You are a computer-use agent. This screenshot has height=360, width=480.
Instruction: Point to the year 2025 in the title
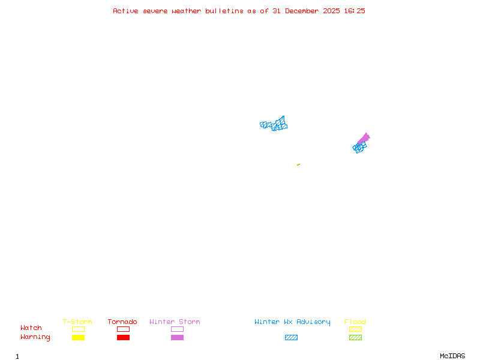(331, 11)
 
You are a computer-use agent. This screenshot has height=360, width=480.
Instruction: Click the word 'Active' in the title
(126, 11)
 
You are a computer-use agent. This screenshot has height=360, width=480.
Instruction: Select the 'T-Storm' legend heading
(77, 322)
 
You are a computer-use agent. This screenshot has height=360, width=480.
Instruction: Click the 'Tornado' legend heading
(122, 322)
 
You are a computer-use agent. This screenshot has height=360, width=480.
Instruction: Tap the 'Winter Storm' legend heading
(175, 322)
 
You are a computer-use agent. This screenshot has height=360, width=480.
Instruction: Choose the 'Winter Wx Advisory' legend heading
(292, 322)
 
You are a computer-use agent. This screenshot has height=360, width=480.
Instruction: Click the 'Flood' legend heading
(355, 322)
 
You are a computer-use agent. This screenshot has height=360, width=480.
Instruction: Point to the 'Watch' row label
(31, 328)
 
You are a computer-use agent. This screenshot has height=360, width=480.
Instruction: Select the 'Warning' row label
(35, 337)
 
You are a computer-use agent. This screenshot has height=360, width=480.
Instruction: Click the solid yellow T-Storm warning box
(78, 337)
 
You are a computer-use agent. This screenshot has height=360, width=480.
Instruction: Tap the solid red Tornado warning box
(123, 337)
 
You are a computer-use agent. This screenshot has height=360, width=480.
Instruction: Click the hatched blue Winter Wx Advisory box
(291, 337)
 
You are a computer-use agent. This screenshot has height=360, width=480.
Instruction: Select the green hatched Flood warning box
(355, 337)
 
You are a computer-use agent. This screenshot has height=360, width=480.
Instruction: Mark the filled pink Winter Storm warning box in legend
(177, 337)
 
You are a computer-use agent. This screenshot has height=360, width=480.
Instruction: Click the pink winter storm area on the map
(364, 139)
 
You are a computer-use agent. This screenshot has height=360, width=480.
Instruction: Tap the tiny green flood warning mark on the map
(298, 164)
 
